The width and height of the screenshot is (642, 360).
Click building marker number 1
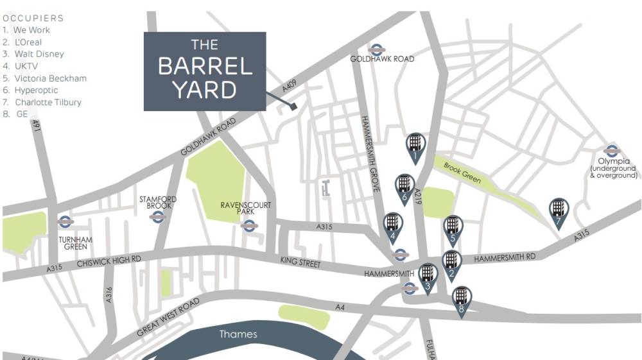coord(415,145)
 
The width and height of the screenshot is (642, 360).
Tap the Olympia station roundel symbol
coord(611,151)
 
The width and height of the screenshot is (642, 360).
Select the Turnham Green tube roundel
coord(64,222)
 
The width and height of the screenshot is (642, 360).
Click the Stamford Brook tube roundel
coord(156,217)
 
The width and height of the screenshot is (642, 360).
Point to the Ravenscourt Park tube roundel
coord(248,225)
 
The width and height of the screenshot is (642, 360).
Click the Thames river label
coord(238,334)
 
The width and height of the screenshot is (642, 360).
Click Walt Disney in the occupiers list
coord(39,54)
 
